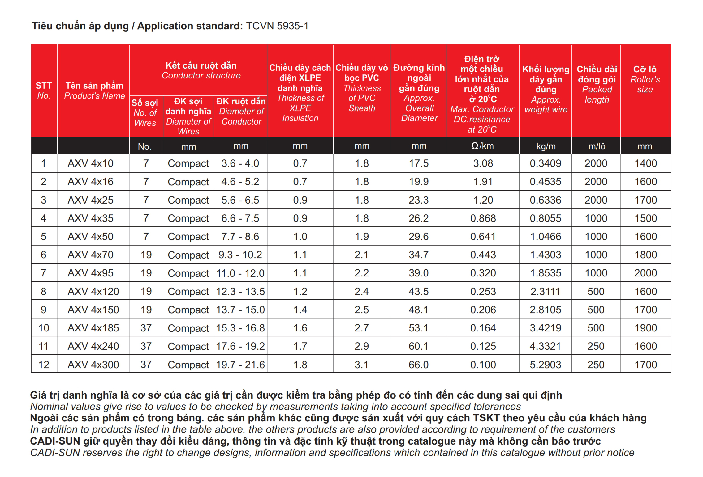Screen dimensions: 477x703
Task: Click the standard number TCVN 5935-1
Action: (x=277, y=26)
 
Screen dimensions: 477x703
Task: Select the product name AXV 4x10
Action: (x=90, y=163)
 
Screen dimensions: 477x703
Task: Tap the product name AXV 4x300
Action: (x=93, y=365)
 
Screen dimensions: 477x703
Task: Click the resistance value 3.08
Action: (x=483, y=163)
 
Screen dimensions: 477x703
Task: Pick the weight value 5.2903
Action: (x=545, y=365)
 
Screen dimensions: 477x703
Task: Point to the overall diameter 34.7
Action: (x=419, y=255)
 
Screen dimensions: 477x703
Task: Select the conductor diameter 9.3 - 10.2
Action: (x=240, y=255)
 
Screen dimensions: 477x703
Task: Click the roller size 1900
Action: (x=645, y=328)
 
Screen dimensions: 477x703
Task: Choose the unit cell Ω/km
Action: (x=482, y=146)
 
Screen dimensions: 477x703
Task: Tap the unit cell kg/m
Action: (x=546, y=146)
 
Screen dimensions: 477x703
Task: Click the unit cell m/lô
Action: (x=597, y=146)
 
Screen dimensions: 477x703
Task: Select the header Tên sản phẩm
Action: (x=94, y=86)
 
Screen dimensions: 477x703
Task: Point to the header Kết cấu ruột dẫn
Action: (x=201, y=65)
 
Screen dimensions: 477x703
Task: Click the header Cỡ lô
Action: (x=645, y=69)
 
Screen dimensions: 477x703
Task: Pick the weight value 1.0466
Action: (x=545, y=237)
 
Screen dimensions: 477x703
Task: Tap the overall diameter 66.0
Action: (x=419, y=365)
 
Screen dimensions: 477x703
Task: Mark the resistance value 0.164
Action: (x=483, y=328)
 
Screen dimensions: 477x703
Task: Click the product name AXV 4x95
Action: (x=90, y=273)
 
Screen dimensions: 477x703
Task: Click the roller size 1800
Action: (x=645, y=255)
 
